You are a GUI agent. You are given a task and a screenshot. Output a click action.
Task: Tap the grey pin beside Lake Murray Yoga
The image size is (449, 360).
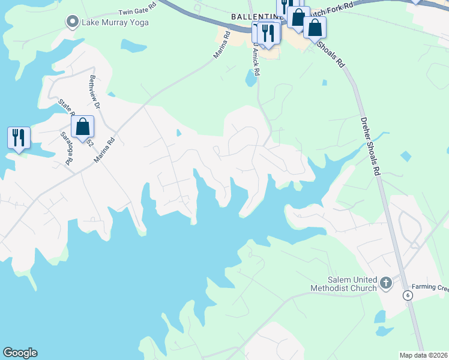point(73,22)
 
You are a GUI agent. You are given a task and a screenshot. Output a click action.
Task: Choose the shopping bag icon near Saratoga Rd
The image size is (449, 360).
point(83,127)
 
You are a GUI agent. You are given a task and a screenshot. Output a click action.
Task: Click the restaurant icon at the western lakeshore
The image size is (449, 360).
point(19,137)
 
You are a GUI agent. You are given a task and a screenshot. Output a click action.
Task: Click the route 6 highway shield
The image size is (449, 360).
point(408,295)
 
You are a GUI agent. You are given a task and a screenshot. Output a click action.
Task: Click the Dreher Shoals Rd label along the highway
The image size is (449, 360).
point(371,146)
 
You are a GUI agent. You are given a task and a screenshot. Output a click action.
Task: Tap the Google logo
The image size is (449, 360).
point(20,353)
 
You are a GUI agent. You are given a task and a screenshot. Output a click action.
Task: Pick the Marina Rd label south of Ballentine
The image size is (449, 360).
point(221,45)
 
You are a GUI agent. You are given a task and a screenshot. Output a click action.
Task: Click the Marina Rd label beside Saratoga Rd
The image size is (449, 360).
point(104,152)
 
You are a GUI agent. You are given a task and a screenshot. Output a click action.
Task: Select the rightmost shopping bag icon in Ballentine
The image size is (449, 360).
point(315,27)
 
